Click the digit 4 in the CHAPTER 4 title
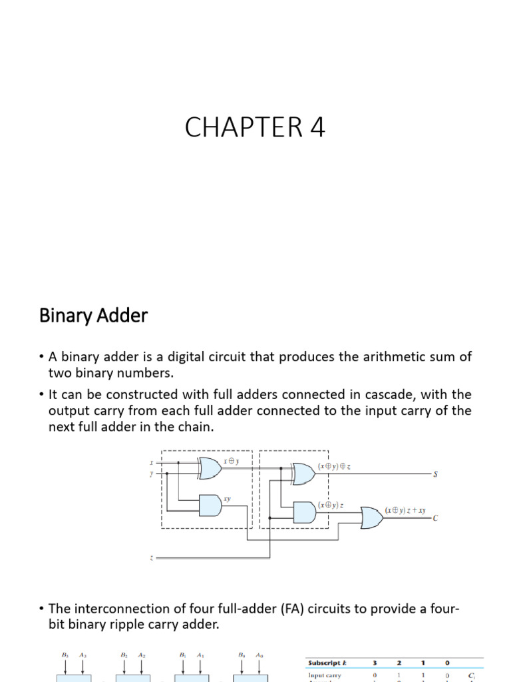[315, 127]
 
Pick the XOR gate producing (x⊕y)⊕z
[303, 474]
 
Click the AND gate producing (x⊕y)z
[304, 511]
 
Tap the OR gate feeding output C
[371, 516]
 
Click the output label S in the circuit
[436, 474]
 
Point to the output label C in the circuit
[436, 517]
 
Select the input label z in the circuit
[152, 557]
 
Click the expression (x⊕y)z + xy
[407, 510]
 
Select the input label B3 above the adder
[65, 655]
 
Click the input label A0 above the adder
[259, 655]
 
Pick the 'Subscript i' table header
[327, 663]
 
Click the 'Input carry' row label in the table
[325, 675]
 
